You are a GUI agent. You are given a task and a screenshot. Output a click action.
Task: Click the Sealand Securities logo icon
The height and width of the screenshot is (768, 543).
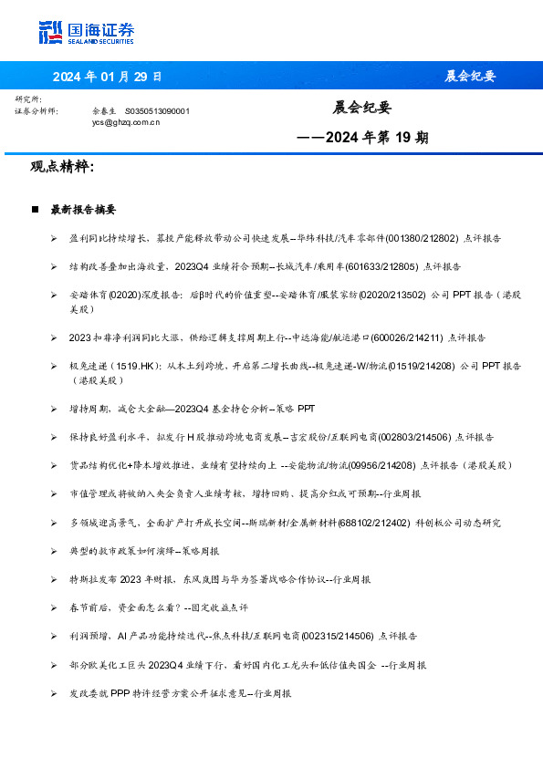click(51, 31)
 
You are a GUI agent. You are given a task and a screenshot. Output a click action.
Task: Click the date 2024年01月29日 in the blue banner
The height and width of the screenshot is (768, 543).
click(108, 76)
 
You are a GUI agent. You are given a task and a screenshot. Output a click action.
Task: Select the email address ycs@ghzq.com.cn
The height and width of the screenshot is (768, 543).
click(126, 121)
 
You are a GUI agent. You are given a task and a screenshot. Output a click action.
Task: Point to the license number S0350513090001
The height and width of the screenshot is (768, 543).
click(157, 110)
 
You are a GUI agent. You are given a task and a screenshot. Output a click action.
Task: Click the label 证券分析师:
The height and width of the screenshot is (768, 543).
click(37, 110)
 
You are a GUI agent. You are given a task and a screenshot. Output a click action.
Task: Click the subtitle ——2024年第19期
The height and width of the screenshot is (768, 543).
click(362, 139)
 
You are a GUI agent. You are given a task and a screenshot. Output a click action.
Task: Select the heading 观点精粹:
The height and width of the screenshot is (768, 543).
click(62, 167)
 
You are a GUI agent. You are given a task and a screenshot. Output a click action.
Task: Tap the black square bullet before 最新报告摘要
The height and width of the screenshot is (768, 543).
click(34, 210)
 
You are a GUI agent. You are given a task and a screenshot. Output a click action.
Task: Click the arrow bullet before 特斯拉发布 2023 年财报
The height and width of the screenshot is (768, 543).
click(54, 579)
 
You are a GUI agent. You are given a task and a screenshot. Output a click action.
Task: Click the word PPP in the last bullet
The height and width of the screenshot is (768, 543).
click(121, 693)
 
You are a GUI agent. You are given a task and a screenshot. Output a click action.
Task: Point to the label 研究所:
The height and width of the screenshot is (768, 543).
click(28, 99)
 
